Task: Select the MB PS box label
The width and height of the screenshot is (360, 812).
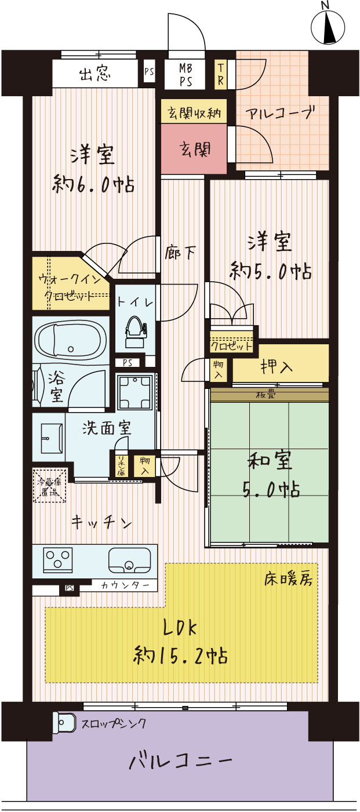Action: pos(186,74)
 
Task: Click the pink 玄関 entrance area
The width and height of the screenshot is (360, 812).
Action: pos(194,150)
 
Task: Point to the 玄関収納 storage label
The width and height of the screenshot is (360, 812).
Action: pos(194,113)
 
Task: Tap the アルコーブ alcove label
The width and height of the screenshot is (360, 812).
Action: pos(281,112)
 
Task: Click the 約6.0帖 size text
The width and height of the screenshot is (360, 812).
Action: pos(94,185)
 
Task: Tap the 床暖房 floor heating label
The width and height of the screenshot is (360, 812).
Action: pos(288,578)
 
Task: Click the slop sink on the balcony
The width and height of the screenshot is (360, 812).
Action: pos(65,723)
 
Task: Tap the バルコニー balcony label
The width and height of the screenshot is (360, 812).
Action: pos(180,759)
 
